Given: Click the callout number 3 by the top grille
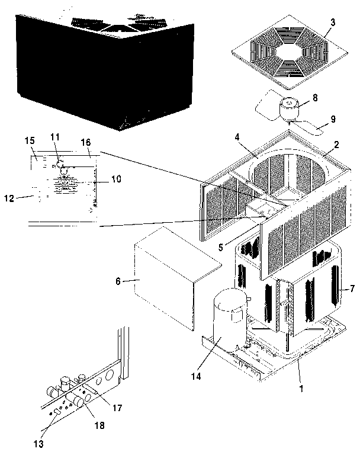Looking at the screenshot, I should (333, 23).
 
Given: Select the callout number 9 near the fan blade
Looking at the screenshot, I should (333, 118).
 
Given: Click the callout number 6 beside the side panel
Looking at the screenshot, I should (118, 281).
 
